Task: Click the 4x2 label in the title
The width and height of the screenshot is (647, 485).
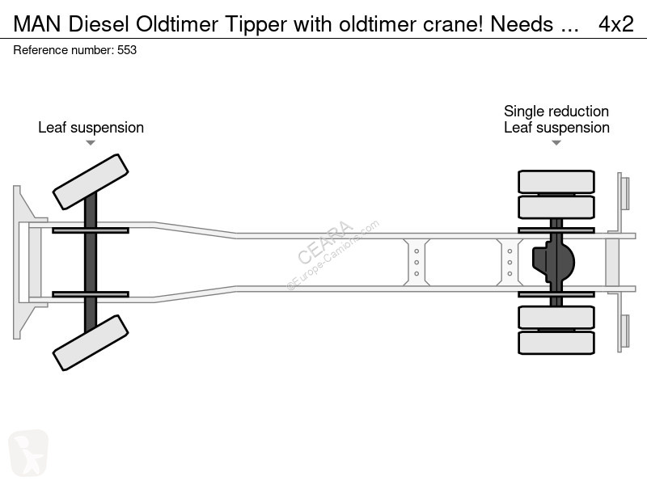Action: [x=616, y=24]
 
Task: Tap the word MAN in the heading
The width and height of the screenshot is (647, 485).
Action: [x=37, y=24]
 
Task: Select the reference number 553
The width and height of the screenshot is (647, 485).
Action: [x=127, y=50]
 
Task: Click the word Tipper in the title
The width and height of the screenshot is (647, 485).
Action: [x=256, y=25]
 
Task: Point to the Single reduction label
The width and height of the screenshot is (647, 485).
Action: [x=556, y=112]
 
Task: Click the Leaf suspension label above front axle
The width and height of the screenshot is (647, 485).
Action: [x=91, y=128]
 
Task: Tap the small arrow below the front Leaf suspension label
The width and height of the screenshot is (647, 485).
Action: [x=91, y=143]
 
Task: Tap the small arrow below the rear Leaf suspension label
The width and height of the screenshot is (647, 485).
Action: [x=556, y=143]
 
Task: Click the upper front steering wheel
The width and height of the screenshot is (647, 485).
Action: [x=91, y=182]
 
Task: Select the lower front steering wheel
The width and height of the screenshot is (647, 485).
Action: [x=91, y=343]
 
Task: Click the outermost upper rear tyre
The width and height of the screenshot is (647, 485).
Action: [x=556, y=181]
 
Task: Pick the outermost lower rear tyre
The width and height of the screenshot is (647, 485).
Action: [x=556, y=343]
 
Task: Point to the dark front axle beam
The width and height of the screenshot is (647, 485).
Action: [x=91, y=262]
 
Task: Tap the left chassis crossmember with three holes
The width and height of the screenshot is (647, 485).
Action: [x=417, y=262]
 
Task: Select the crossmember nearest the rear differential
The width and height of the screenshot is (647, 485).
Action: [x=510, y=262]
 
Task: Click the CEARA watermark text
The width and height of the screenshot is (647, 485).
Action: [x=325, y=242]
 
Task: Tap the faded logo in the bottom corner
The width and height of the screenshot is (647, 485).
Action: [x=28, y=453]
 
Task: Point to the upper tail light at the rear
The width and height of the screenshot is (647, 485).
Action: [x=624, y=193]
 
